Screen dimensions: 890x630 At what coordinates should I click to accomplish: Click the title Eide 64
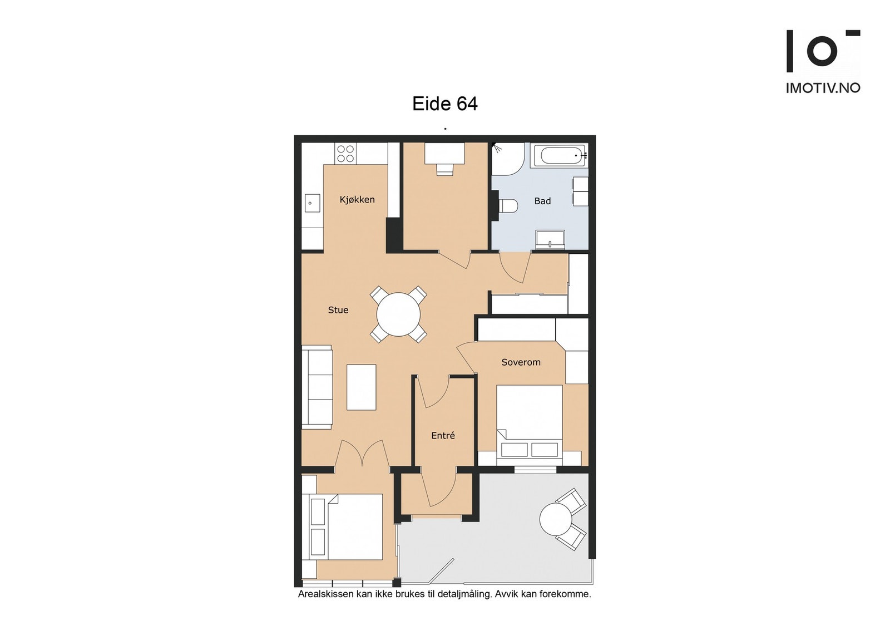[x=444, y=104]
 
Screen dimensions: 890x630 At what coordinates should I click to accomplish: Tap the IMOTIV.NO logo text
[x=823, y=88]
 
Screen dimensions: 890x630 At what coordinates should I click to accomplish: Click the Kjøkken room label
[x=357, y=200]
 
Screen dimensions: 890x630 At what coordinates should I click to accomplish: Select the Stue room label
[x=338, y=310]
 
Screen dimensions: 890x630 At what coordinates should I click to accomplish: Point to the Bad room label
[x=542, y=201]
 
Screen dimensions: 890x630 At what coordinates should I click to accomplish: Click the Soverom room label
[x=521, y=362]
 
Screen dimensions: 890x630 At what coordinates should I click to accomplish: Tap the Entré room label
[x=443, y=436]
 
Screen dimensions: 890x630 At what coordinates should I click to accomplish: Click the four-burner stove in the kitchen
[x=345, y=154]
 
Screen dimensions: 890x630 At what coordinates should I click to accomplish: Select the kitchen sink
[x=312, y=203]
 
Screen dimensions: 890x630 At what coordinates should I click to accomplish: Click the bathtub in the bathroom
[x=559, y=155]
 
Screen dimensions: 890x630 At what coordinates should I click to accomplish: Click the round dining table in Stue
[x=398, y=314]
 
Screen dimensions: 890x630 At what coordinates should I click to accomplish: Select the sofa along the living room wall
[x=317, y=387]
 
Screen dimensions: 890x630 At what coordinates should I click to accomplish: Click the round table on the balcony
[x=556, y=519]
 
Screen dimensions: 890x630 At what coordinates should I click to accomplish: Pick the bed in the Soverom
[x=530, y=425]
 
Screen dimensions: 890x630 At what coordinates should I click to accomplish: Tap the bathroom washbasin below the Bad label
[x=550, y=240]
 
